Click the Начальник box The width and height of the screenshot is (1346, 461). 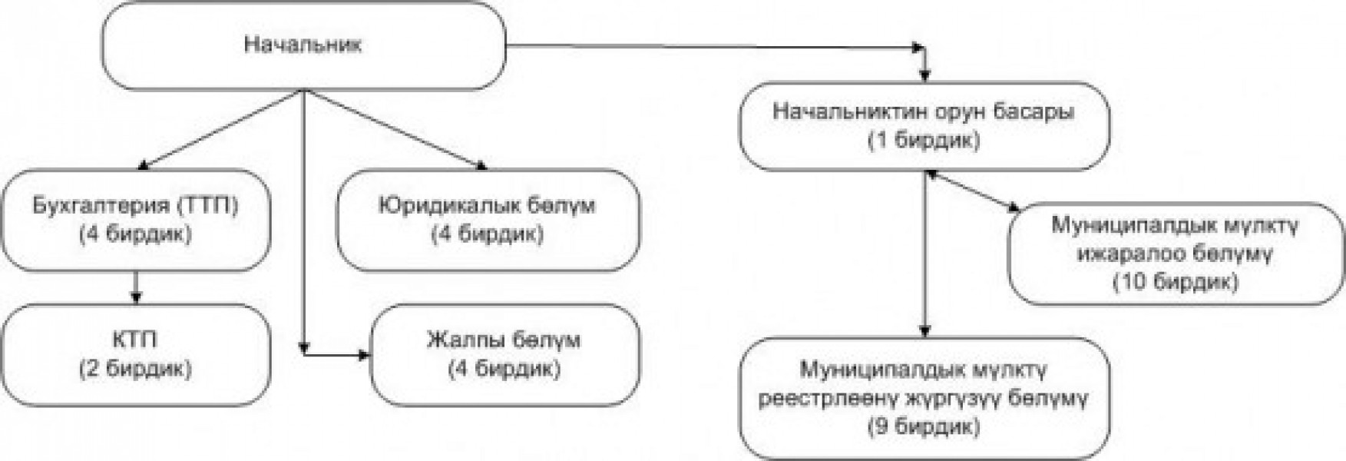tap(304, 45)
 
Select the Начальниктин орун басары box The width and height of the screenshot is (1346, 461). tap(924, 126)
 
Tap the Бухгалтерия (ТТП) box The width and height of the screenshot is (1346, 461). tap(136, 221)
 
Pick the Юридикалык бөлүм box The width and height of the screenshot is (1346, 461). tap(488, 221)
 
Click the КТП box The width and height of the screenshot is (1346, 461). tap(136, 354)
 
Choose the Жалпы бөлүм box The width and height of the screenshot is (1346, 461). tap(505, 354)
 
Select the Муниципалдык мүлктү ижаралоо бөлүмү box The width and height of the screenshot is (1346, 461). tap(1176, 254)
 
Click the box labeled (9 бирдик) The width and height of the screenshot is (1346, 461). tap(924, 399)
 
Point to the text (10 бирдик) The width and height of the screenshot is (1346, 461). tap(1176, 282)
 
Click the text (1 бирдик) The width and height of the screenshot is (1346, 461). tap(924, 141)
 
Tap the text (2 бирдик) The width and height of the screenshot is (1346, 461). tap(135, 369)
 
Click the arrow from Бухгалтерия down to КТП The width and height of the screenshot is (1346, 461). tap(136, 287)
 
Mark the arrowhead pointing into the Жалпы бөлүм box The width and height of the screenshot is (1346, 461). tap(364, 354)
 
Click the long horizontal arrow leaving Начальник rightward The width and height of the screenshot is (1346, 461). tap(715, 47)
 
